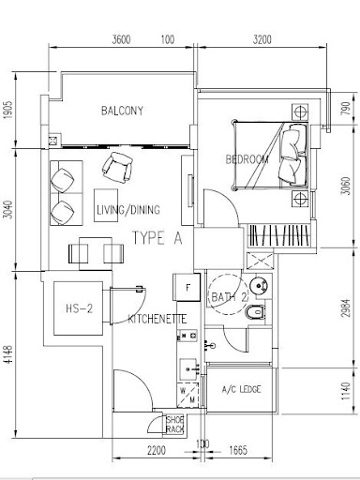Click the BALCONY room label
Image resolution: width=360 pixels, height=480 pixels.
122,111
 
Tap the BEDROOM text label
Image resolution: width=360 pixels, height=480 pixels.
247,159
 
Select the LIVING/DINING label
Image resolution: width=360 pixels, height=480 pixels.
128,210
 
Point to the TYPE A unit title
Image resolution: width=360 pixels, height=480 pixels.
157,238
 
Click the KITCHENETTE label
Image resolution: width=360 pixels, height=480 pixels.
157,319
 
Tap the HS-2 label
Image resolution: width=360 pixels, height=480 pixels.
80,308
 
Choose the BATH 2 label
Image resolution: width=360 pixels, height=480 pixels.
230,297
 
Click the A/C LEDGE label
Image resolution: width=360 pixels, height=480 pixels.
241,389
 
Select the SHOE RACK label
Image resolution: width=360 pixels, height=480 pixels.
175,425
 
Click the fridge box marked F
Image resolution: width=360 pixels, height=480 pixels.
187,287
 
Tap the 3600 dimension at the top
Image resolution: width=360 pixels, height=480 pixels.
121,39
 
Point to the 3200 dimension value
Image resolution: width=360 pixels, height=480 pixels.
262,39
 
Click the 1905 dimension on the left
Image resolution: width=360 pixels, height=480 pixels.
9,110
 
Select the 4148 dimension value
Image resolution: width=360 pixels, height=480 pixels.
9,353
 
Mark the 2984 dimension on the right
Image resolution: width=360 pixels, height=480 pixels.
346,308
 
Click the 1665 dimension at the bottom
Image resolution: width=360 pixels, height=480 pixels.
238,450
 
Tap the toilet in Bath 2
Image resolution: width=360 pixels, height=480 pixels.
255,312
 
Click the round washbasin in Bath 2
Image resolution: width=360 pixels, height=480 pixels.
259,285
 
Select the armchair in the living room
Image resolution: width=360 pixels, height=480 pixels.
117,168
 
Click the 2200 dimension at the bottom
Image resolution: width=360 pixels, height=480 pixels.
157,450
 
